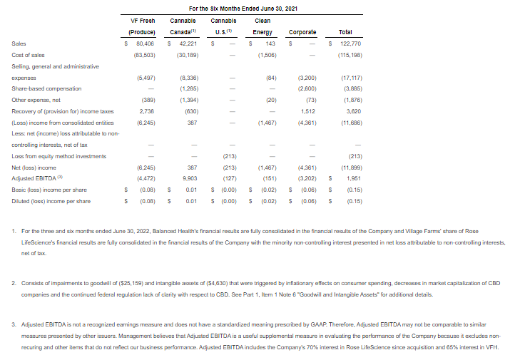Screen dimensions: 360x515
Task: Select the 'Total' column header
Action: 345,32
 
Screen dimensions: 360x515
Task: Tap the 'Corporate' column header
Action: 302,32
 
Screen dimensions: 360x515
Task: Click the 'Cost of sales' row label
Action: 29,55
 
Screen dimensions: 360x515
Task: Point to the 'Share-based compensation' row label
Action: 46,88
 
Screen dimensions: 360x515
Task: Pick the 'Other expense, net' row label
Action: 35,100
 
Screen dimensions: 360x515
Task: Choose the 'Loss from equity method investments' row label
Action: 59,155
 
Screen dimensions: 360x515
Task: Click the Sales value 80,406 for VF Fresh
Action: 145,44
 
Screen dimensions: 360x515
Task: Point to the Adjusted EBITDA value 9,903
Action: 190,178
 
